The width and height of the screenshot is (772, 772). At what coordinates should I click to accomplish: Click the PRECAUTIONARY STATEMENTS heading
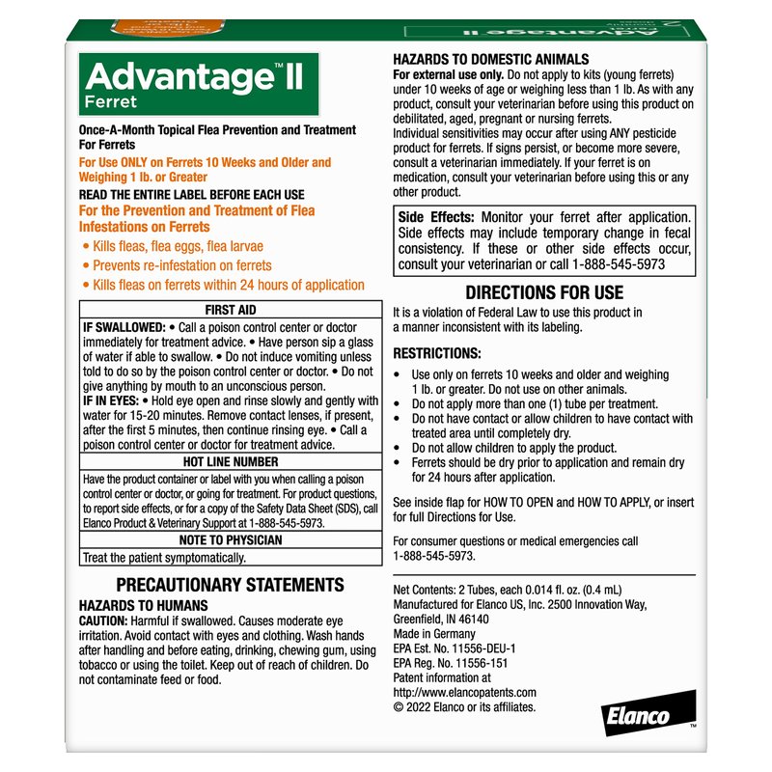tap(230, 585)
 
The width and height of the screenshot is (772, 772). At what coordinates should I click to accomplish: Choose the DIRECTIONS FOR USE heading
tap(544, 292)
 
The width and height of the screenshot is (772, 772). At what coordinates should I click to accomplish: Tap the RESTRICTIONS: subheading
tap(437, 354)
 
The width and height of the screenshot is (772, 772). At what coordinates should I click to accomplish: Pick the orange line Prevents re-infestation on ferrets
tap(181, 265)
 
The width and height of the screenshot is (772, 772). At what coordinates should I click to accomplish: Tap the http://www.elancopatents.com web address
tap(464, 692)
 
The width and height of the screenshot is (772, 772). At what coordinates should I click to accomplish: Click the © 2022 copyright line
tap(463, 706)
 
